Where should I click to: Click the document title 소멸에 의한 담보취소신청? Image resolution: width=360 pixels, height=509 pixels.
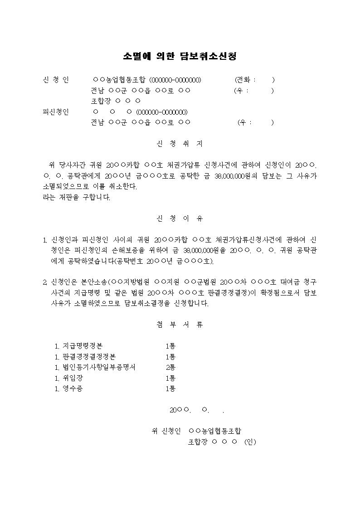180,56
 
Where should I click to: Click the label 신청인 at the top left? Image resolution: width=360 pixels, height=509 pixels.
56,80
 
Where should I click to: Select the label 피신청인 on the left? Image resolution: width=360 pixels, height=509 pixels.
56,112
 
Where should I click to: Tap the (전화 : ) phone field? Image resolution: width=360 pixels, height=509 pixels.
254,80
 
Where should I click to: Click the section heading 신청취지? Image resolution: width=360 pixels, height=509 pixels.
180,144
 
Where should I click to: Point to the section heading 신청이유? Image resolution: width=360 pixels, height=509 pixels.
180,218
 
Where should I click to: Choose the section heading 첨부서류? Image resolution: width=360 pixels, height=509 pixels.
180,325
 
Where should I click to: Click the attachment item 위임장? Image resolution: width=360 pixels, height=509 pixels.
73,378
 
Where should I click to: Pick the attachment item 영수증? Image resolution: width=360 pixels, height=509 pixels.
73,388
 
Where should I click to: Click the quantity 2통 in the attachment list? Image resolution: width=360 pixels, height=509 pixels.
170,367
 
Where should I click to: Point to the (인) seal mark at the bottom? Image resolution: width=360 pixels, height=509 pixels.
250,442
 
